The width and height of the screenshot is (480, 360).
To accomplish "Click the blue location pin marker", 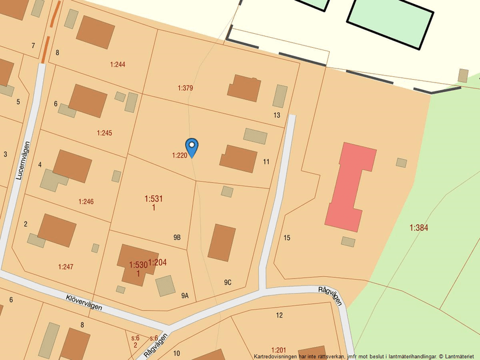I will (x=191, y=146).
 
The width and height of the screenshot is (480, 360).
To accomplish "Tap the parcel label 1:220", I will (x=179, y=155).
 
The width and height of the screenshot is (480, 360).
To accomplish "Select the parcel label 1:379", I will (x=185, y=88).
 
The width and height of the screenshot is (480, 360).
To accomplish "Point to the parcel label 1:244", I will (x=118, y=65).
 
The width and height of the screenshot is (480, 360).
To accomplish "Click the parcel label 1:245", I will (x=104, y=133).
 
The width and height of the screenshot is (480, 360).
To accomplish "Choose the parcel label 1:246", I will (x=86, y=202).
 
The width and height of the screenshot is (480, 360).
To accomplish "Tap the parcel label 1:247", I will (x=66, y=267).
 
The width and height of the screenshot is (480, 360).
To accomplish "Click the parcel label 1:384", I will (x=418, y=228).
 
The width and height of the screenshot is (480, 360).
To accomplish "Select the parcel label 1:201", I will (x=279, y=350).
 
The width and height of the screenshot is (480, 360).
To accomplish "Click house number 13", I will (x=276, y=115).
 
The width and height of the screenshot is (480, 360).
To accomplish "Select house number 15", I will (x=287, y=238).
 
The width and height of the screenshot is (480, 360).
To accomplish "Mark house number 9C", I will (x=227, y=283).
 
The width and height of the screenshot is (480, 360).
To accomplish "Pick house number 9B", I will (x=177, y=238).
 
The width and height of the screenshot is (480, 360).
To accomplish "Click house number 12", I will (x=279, y=315).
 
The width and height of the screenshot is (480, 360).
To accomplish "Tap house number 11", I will (x=266, y=162).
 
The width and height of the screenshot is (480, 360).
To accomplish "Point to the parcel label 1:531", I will (x=154, y=199).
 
